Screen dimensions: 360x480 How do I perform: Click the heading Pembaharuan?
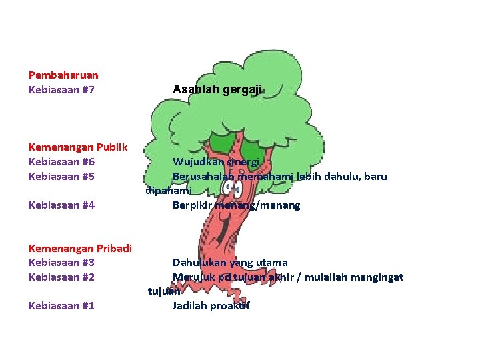pyautogui.click(x=63, y=75)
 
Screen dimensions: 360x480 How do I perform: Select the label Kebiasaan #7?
pyautogui.click(x=61, y=89)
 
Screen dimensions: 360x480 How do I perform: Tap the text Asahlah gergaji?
pyautogui.click(x=217, y=89)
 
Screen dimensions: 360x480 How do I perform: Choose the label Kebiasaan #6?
pyautogui.click(x=61, y=162)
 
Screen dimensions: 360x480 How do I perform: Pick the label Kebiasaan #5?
pyautogui.click(x=61, y=177)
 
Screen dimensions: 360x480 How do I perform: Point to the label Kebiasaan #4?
pyautogui.click(x=61, y=205)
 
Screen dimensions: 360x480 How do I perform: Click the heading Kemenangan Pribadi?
pyautogui.click(x=80, y=249)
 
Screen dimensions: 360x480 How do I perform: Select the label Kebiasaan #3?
pyautogui.click(x=61, y=263)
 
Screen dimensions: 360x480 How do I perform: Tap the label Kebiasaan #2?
pyautogui.click(x=61, y=277)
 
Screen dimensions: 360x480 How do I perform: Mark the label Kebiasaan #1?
pyautogui.click(x=61, y=306)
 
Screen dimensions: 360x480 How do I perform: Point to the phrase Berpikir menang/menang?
pyautogui.click(x=236, y=205)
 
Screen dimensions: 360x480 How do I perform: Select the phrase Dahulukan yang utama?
pyautogui.click(x=230, y=263)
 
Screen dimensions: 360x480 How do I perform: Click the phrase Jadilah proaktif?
pyautogui.click(x=211, y=306)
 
